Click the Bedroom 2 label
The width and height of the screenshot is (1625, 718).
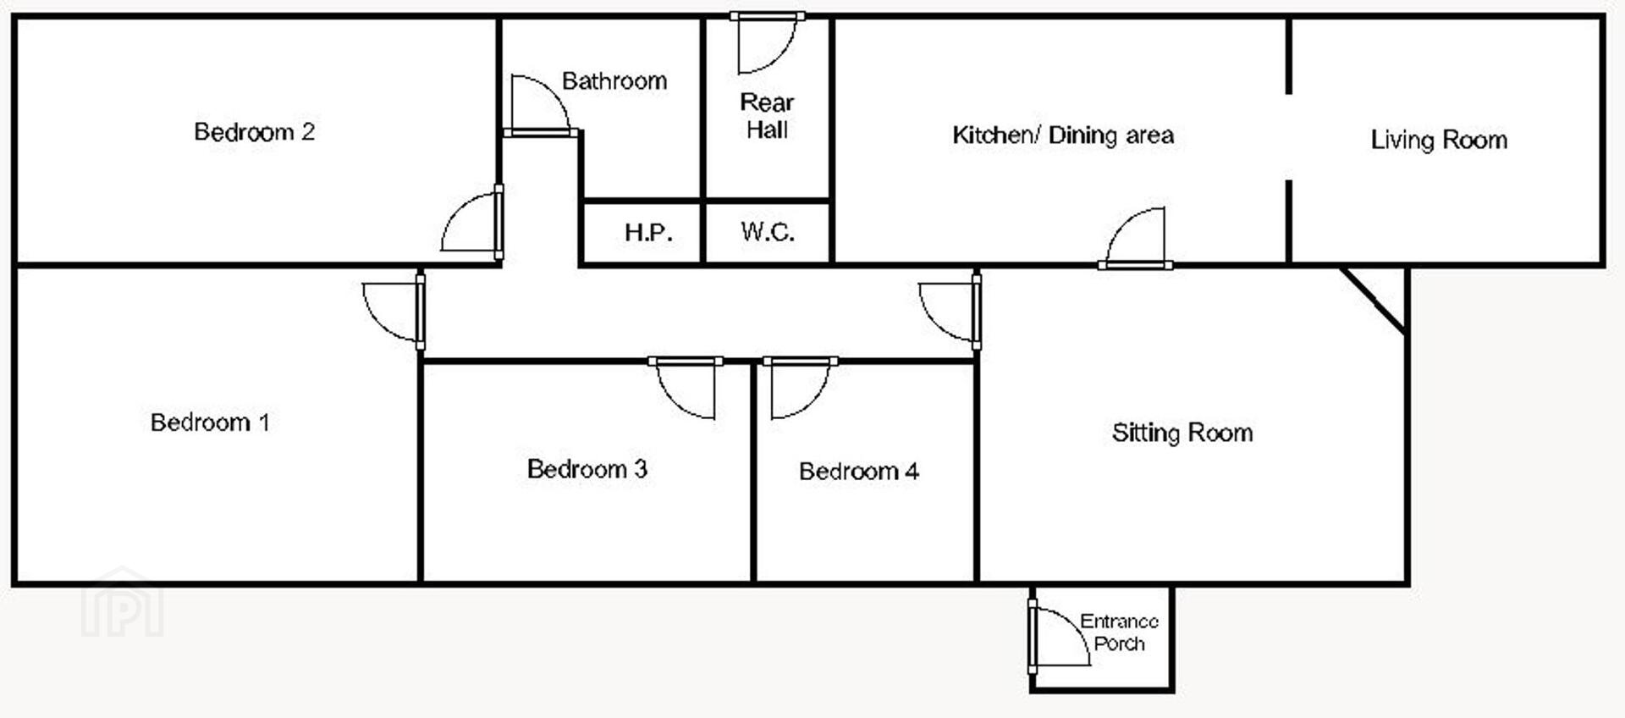point(254,132)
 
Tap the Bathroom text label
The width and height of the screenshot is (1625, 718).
point(614,81)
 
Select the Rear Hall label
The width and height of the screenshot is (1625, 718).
point(768,116)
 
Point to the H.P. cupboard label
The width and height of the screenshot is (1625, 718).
point(649,232)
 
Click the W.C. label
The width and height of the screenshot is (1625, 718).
point(768,232)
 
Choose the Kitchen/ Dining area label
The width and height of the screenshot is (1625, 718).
point(1063,135)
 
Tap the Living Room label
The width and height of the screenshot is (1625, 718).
point(1439,140)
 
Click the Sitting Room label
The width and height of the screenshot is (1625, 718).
point(1182,433)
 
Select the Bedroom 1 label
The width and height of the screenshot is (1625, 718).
point(210,423)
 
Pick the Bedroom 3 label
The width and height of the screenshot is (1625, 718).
point(587,469)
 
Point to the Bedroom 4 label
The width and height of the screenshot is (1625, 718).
point(859,472)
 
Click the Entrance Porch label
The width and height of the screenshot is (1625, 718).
point(1119,632)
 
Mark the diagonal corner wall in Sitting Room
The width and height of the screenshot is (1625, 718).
point(1373,301)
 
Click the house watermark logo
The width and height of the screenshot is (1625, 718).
point(123,603)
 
